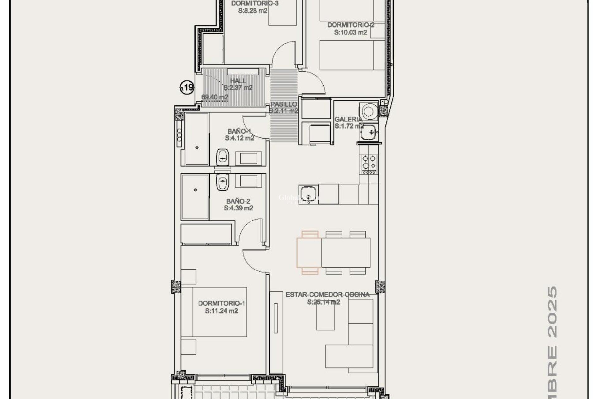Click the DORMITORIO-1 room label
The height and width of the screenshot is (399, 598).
(x=221, y=303)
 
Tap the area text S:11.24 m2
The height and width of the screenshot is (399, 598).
(x=221, y=311)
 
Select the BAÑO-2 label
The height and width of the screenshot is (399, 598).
(x=238, y=201)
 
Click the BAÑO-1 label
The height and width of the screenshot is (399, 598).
(x=239, y=131)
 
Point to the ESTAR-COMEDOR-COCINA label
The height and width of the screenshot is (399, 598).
(x=327, y=295)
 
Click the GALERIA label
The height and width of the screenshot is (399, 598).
(x=348, y=119)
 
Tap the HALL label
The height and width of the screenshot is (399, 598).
(x=238, y=81)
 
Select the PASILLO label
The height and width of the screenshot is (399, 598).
(x=283, y=104)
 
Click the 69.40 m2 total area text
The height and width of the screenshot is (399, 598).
(x=215, y=97)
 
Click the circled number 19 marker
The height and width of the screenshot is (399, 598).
(x=187, y=87)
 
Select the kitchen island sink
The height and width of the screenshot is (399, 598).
(x=308, y=194)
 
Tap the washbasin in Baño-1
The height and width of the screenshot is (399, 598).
(x=223, y=157)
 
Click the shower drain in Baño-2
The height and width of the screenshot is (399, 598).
(x=196, y=190)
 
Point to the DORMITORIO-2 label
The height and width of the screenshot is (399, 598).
(x=351, y=25)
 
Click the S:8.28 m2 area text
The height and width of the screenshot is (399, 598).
(x=253, y=11)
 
